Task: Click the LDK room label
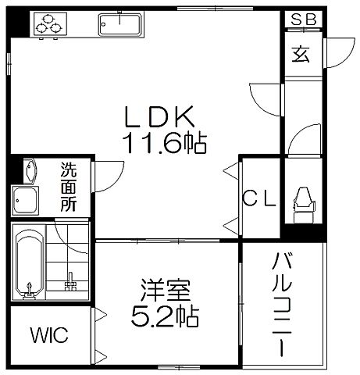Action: (161, 117)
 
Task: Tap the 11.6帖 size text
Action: (163, 143)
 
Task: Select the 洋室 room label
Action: (164, 292)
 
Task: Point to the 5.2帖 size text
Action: (164, 316)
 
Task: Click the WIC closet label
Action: (49, 336)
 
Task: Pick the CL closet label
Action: (258, 199)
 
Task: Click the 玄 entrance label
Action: (301, 54)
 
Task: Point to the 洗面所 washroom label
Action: (70, 188)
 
